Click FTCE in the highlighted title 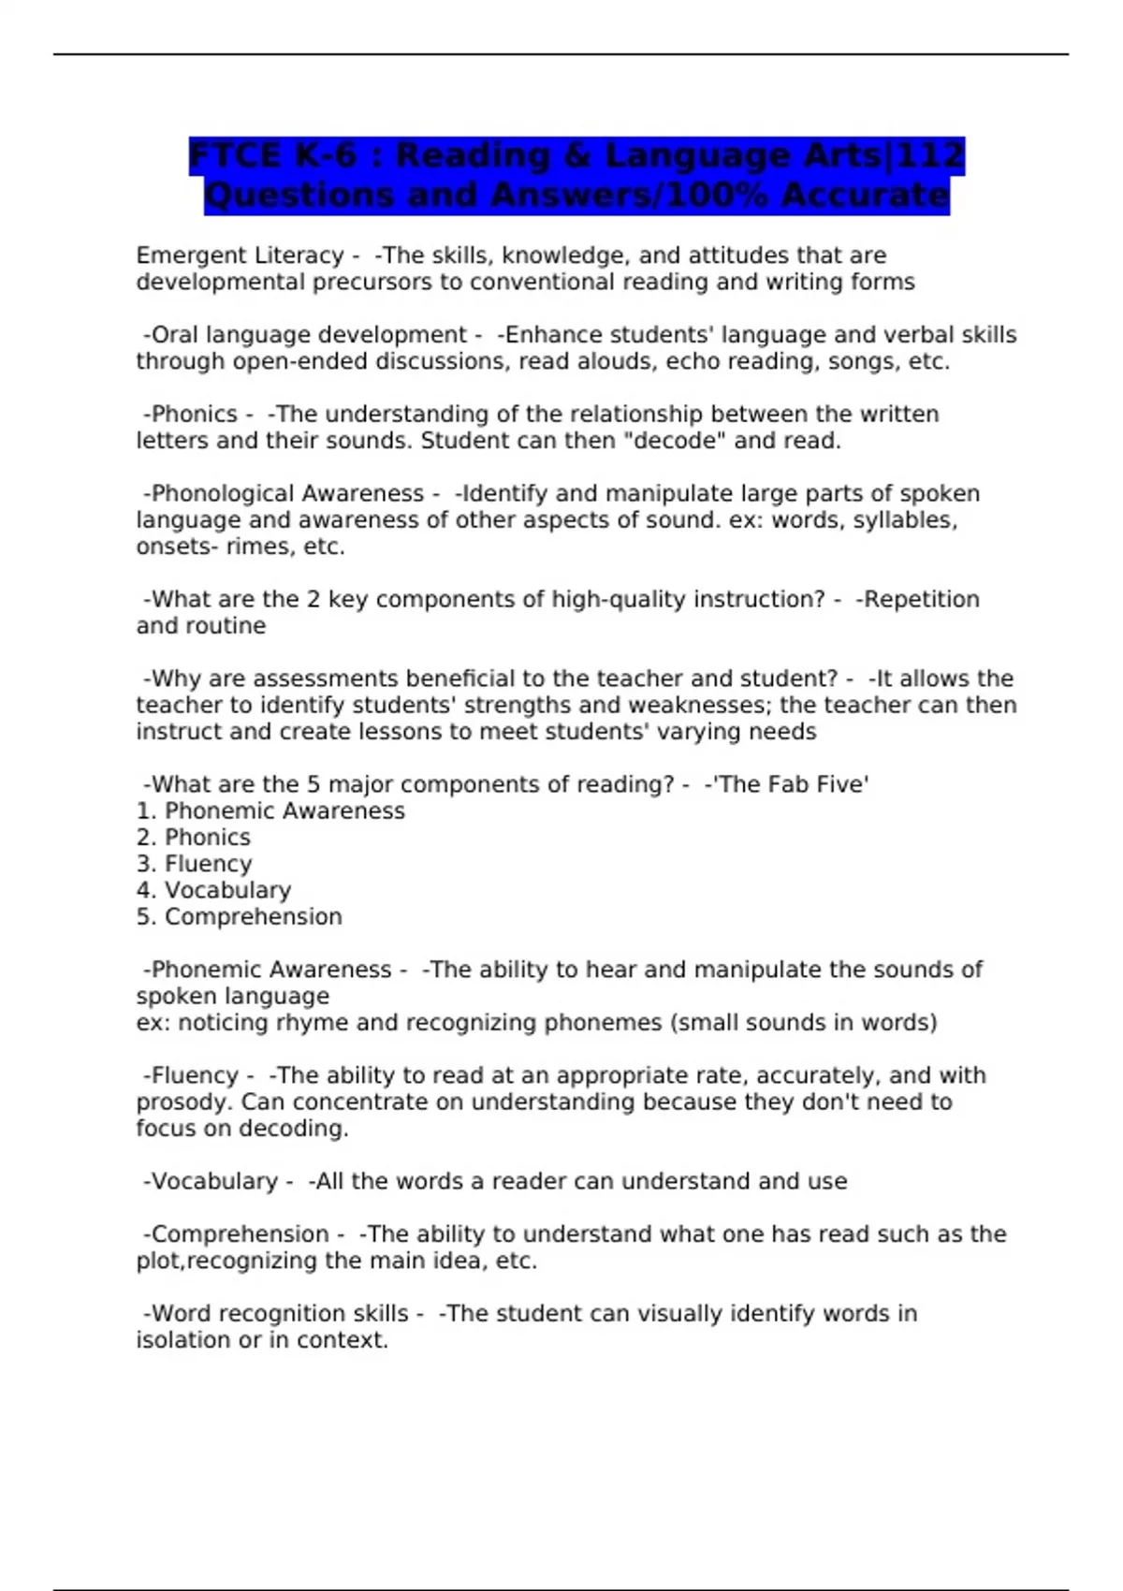(234, 155)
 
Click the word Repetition (921, 599)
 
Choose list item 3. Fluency (195, 864)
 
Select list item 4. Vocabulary (213, 890)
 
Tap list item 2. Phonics (194, 838)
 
